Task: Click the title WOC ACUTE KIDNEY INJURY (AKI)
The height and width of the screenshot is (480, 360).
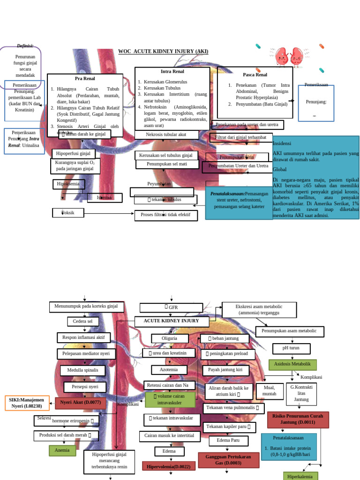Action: point(163,51)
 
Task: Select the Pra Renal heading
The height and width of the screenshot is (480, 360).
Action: point(85,78)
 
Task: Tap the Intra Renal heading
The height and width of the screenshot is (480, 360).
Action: point(172,72)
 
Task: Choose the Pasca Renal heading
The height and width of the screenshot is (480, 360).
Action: point(255,75)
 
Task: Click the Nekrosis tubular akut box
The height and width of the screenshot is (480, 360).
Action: point(166,135)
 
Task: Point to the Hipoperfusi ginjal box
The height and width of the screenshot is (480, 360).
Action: point(73,153)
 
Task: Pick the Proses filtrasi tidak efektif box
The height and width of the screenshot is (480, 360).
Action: point(166,215)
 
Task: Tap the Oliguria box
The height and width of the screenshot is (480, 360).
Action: point(170,338)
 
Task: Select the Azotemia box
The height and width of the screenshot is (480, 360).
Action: point(169,370)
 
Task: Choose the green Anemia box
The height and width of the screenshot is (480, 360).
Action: point(62,450)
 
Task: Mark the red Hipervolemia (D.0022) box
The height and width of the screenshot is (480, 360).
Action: point(168,466)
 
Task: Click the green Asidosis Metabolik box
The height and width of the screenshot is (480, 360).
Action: point(292,364)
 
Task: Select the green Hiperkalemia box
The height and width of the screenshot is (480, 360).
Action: point(300,476)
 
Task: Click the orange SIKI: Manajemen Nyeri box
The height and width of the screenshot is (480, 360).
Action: point(26,403)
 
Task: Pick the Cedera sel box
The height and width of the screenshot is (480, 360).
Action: point(83,322)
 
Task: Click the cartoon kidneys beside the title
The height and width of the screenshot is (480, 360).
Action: point(289,56)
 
